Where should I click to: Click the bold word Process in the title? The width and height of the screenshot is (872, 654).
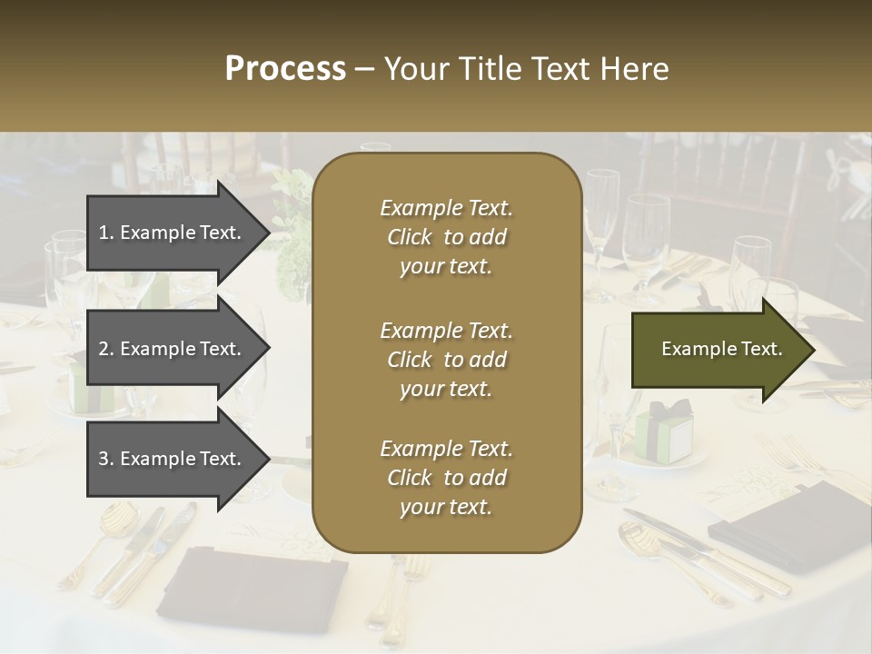285,69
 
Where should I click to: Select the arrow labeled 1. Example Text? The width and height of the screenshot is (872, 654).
173,233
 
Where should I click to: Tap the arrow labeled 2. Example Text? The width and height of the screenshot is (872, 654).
173,349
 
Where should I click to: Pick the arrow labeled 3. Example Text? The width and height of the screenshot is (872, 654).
173,459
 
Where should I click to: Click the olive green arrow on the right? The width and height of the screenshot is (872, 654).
718,350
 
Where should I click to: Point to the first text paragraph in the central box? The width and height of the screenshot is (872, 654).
446,237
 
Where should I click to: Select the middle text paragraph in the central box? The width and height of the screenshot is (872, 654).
446,360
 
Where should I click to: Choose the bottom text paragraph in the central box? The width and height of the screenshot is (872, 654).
446,478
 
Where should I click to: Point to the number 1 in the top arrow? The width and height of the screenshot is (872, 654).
104,233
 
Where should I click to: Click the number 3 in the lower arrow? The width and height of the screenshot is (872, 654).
104,459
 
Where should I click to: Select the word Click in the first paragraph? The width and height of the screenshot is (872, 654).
410,237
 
